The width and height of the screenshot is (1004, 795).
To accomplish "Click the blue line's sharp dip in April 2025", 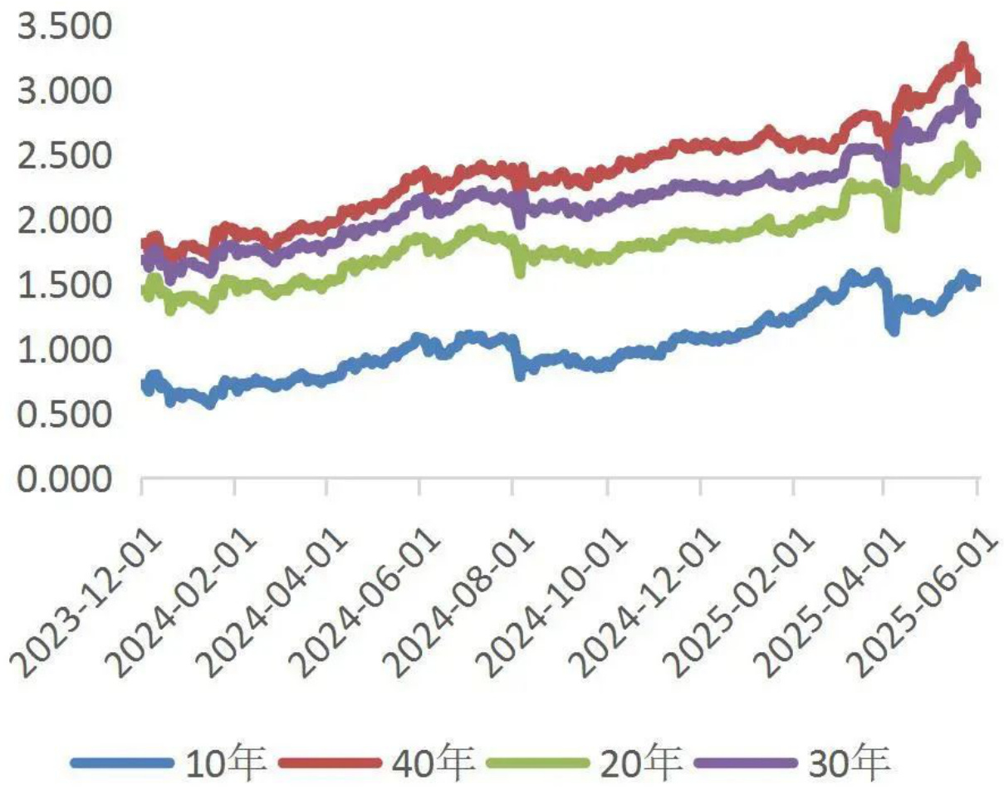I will (x=894, y=330).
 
